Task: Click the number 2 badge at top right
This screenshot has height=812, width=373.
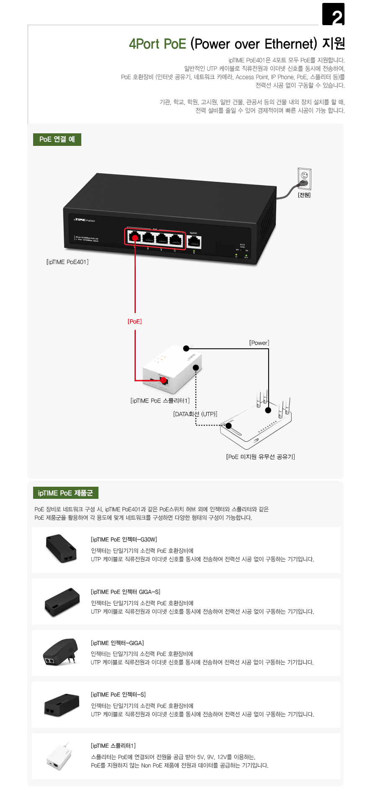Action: [x=333, y=14]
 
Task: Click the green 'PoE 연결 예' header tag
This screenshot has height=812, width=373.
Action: [x=57, y=139]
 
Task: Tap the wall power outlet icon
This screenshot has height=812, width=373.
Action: [x=305, y=178]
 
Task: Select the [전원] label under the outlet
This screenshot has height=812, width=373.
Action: [x=304, y=195]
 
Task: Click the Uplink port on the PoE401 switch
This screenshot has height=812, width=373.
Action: [x=194, y=241]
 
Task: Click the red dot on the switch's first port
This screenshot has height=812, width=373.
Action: [x=135, y=238]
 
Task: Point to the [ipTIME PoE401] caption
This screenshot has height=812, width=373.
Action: [x=67, y=262]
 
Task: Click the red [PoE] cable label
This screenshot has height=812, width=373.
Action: [x=135, y=322]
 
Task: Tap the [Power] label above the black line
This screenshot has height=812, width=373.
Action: [x=259, y=343]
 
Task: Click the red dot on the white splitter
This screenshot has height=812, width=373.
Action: [x=164, y=381]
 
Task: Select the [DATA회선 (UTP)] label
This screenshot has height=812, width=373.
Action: [x=195, y=414]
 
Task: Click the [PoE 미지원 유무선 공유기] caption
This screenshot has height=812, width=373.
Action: [x=260, y=457]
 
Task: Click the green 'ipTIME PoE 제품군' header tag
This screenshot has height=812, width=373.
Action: [x=65, y=493]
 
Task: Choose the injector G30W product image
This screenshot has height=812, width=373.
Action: [x=61, y=548]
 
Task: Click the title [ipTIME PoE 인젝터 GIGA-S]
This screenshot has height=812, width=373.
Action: [x=125, y=592]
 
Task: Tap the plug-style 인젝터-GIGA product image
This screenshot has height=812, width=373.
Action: [x=61, y=652]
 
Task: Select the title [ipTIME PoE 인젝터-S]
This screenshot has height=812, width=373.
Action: [x=118, y=695]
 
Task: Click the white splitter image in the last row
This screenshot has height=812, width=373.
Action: [x=59, y=757]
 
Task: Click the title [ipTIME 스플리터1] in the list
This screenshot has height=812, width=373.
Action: [x=113, y=746]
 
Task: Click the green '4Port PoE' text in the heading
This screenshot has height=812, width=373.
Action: [x=157, y=44]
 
